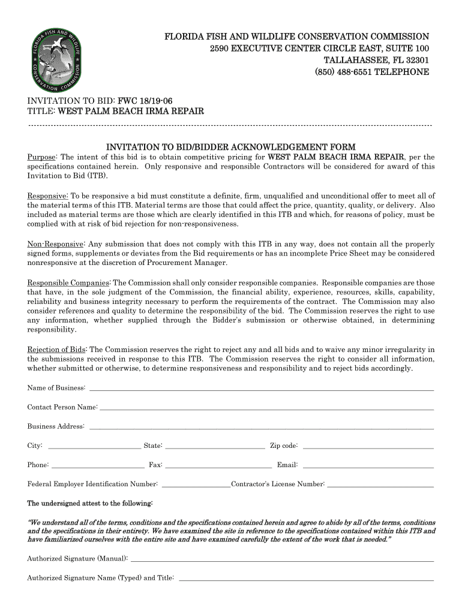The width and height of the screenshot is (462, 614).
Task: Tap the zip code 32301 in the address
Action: point(415,60)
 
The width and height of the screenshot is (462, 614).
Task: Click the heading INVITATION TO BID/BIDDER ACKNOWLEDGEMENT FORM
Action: point(231,147)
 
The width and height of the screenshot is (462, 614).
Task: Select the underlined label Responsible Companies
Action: point(68,282)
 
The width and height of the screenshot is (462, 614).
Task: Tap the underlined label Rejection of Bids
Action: point(57,350)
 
